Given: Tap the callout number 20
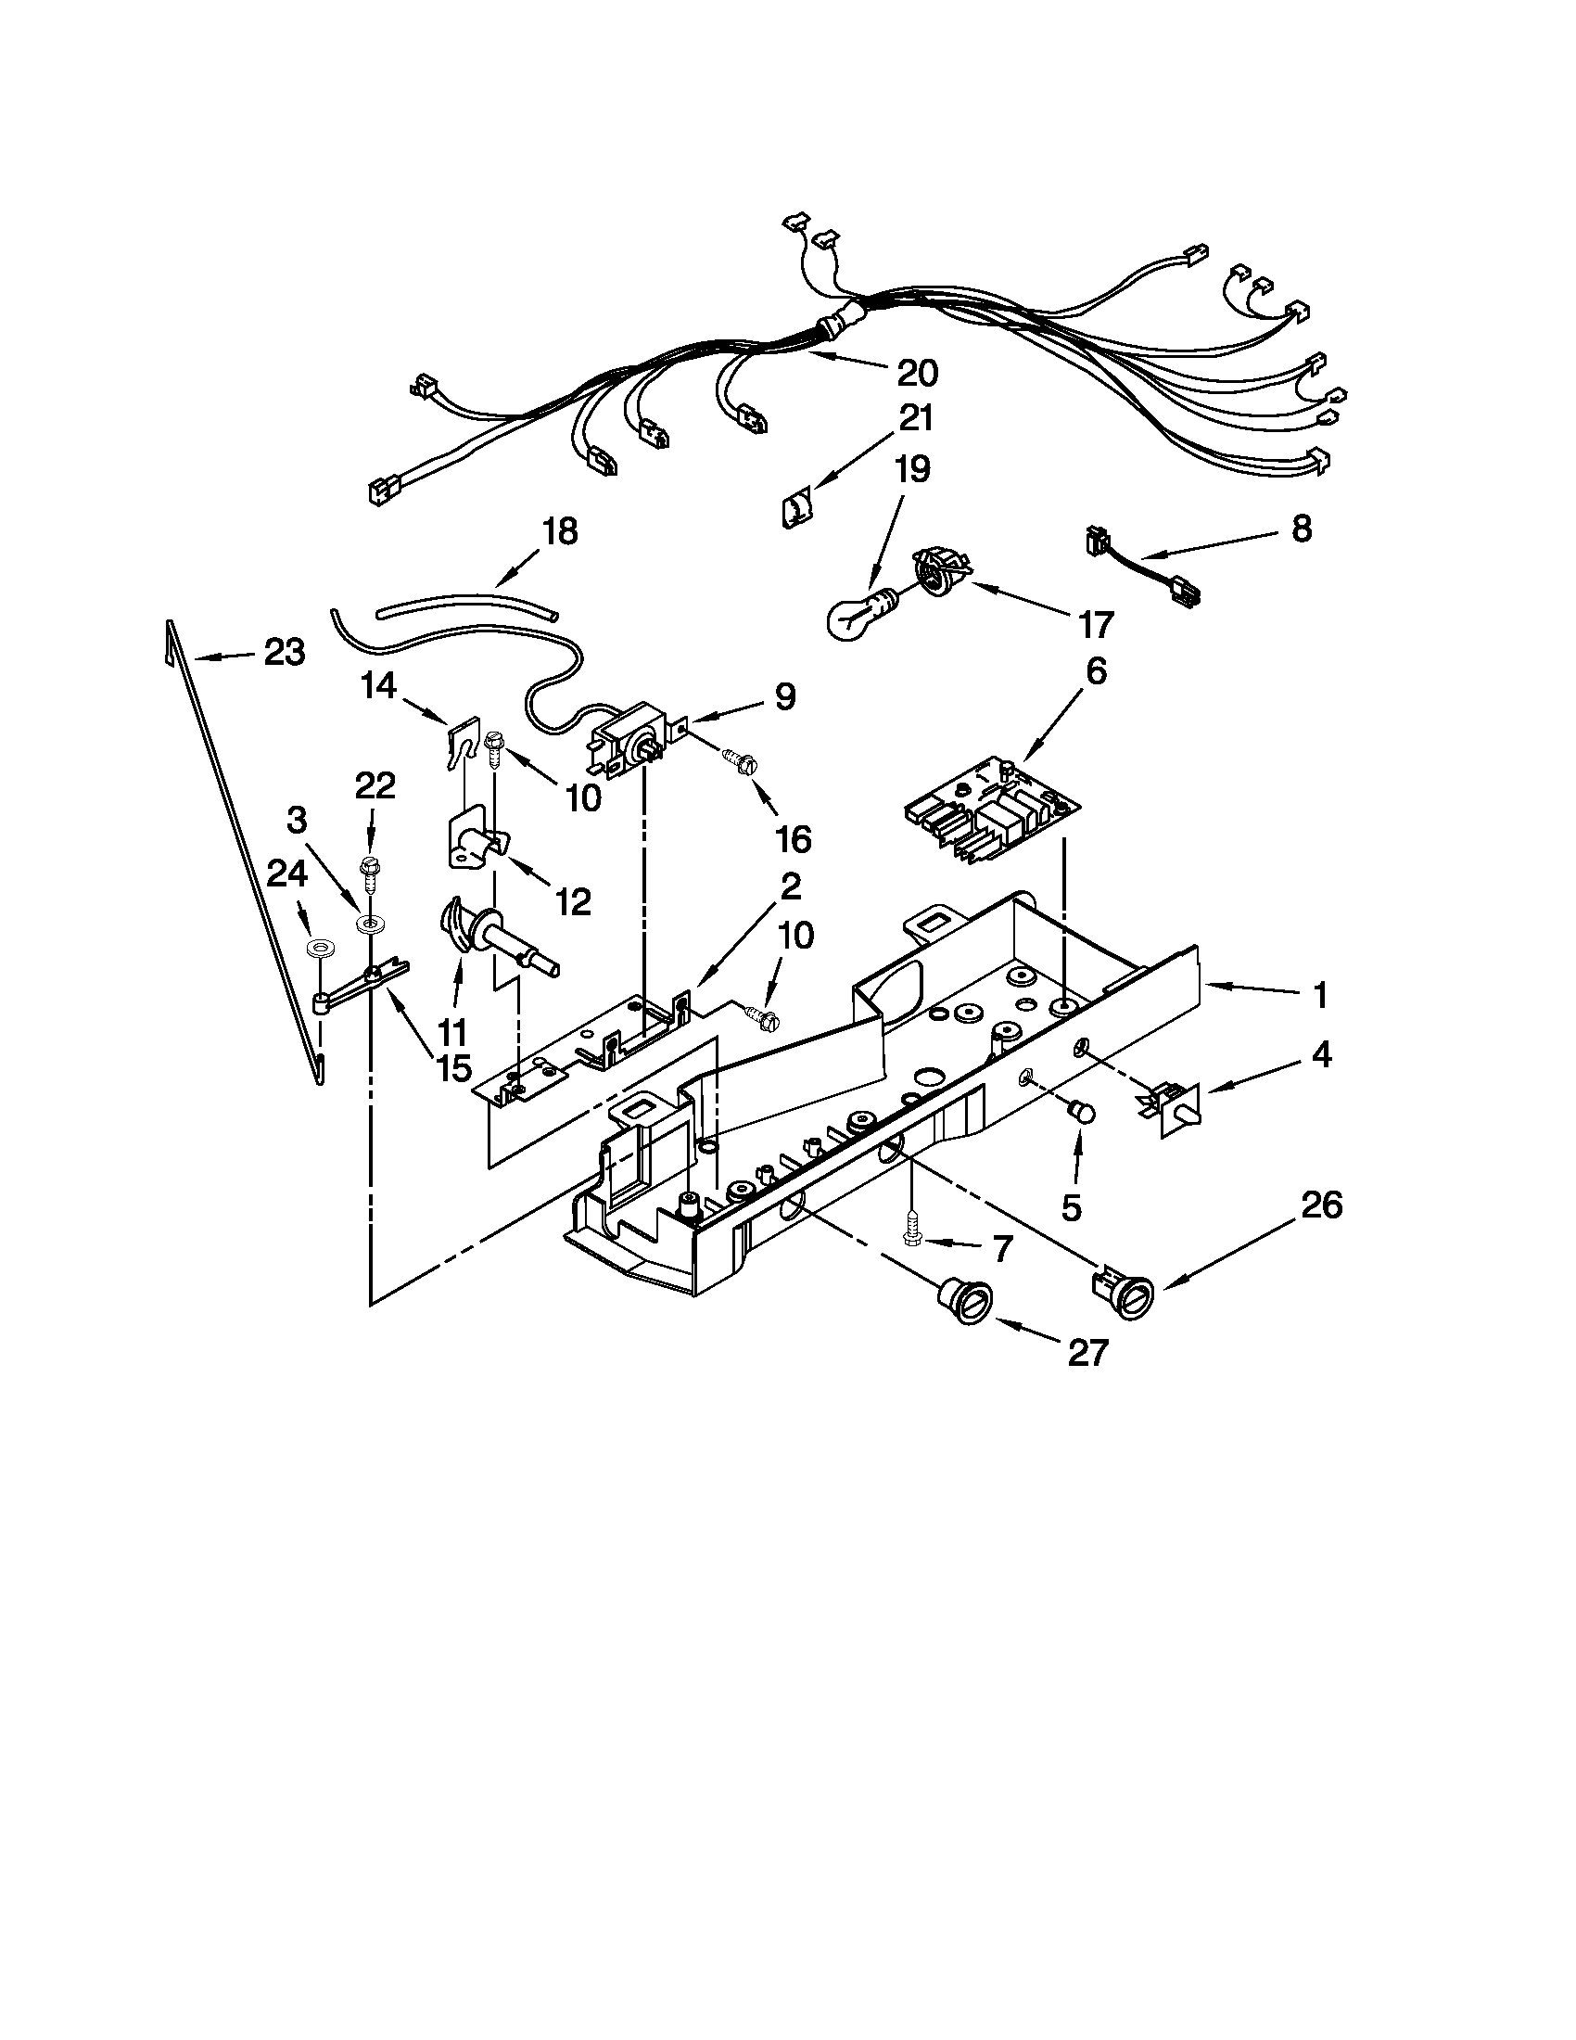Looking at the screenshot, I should pyautogui.click(x=917, y=374).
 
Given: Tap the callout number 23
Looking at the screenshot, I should pyautogui.click(x=284, y=652).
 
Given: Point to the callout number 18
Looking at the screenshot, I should pyautogui.click(x=560, y=531).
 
